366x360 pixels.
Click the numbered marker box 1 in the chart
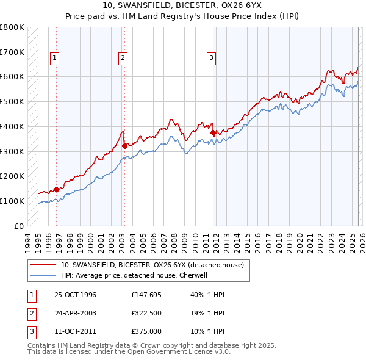point(54,58)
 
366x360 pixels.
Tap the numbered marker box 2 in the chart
point(123,58)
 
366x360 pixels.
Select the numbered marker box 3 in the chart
point(211,58)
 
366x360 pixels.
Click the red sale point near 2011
point(213,132)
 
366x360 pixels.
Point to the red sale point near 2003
point(124,145)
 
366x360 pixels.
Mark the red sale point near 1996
point(57,189)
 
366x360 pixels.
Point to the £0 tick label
point(18,226)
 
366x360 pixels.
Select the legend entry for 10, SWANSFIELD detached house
point(152,265)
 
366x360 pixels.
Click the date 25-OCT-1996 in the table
point(76,295)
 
